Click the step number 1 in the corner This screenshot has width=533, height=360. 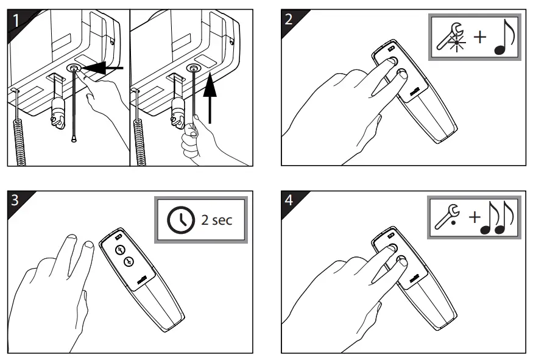click(16, 21)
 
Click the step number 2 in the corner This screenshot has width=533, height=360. click(289, 19)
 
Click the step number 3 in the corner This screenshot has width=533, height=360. click(15, 200)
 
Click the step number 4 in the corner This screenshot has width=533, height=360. click(289, 200)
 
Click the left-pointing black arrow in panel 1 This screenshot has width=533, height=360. click(101, 68)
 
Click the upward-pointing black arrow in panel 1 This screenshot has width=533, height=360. click(210, 98)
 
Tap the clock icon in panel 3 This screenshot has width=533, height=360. click(181, 220)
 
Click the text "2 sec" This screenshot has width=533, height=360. click(216, 220)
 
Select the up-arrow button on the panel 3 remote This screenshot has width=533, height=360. click(119, 250)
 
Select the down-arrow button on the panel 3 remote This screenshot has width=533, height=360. click(129, 261)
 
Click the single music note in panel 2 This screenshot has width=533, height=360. click(504, 37)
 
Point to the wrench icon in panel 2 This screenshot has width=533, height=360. click(451, 37)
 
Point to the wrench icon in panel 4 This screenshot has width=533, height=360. click(447, 216)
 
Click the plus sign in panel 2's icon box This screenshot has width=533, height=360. click(479, 37)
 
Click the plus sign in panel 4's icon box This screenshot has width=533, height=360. click(474, 216)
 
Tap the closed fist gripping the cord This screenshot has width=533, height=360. click(189, 139)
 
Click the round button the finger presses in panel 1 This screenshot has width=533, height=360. click(74, 68)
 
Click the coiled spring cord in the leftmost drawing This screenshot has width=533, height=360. click(19, 143)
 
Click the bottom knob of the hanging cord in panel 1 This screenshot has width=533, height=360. click(74, 139)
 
